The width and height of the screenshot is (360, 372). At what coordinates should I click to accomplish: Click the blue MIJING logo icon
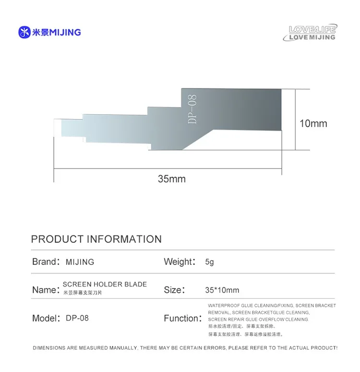24,32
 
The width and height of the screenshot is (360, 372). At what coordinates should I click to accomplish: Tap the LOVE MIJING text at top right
313,37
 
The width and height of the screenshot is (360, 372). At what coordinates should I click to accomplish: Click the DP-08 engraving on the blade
192,109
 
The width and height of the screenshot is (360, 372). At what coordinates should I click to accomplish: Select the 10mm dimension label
313,123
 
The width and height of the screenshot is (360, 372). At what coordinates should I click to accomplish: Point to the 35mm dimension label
171,179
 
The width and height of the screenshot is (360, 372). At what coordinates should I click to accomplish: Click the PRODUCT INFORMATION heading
96,239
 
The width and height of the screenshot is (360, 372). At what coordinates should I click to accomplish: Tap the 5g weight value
209,262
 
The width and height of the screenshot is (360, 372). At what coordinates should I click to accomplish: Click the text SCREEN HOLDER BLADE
105,284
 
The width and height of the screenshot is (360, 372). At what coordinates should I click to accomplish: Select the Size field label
173,290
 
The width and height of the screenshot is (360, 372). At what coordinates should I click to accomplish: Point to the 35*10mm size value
222,290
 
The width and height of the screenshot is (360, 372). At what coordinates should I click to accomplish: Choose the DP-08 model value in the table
77,318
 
